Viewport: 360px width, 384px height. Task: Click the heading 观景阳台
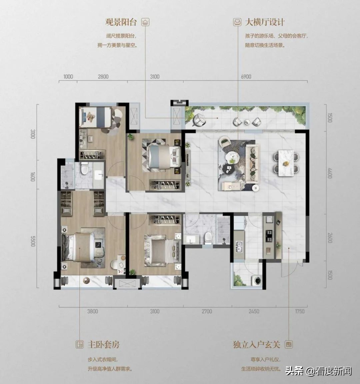point(121,22)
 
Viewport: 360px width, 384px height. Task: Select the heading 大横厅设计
point(265,22)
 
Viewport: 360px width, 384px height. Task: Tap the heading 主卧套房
point(104,345)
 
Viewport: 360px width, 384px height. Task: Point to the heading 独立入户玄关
point(256,345)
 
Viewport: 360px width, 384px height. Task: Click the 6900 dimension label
point(246,77)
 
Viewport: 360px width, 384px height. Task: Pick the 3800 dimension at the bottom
point(92,311)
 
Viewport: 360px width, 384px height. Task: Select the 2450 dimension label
point(254,311)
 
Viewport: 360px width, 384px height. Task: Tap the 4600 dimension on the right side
point(330,173)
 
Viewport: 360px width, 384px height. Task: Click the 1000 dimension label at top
point(68,77)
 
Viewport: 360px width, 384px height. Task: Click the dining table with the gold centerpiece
point(286,163)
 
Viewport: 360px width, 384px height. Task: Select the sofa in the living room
point(253,164)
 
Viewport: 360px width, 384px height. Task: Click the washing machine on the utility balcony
point(257,280)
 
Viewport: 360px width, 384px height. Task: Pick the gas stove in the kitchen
point(269,235)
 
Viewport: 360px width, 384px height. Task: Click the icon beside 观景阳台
point(145,22)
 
